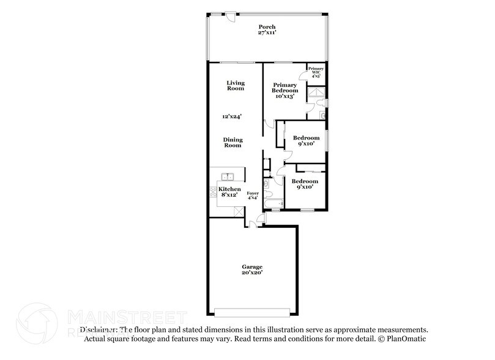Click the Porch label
267,27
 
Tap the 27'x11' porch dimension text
267,33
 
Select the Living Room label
236,86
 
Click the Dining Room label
233,142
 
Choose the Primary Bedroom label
286,88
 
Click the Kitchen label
229,189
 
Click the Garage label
252,267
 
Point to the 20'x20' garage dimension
252,273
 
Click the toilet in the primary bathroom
322,114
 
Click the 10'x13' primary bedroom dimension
286,96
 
